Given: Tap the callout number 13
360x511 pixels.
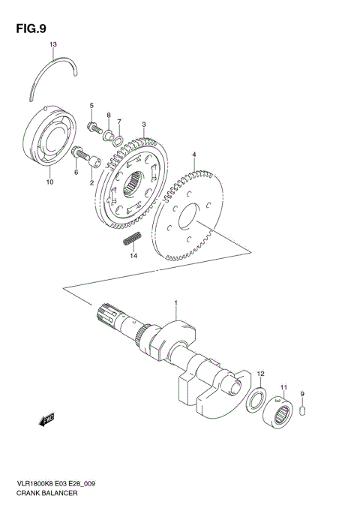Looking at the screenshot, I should [53, 45].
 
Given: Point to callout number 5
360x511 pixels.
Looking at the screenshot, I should [92, 105].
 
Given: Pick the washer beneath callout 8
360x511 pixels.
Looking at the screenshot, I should [108, 134].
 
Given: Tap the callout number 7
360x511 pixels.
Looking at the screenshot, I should [118, 121].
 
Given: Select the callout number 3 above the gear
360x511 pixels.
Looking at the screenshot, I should [143, 125].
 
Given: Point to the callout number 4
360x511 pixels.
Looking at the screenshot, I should [193, 155].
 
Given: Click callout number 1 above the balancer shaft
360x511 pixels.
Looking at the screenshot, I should [176, 305].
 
